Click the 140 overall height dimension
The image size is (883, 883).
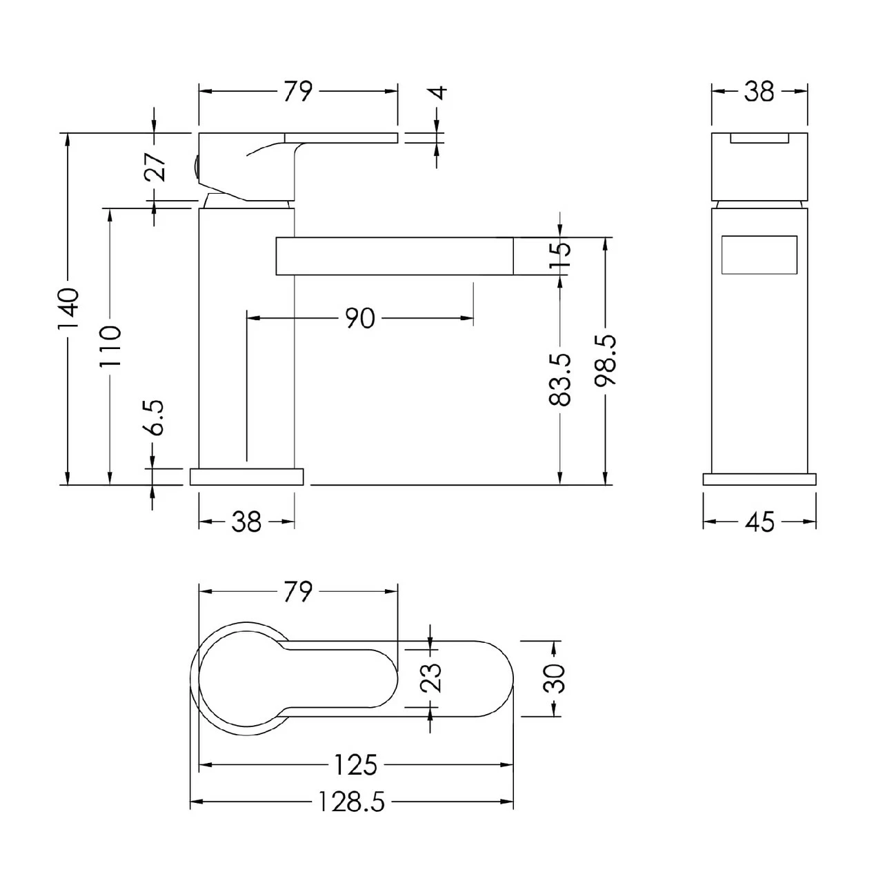pyautogui.click(x=68, y=308)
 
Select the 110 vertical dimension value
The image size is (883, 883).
pyautogui.click(x=110, y=346)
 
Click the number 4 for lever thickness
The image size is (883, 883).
pyautogui.click(x=438, y=92)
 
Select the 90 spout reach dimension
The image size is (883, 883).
pyautogui.click(x=360, y=318)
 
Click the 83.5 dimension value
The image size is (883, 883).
pyautogui.click(x=560, y=379)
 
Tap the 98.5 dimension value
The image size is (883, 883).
pyautogui.click(x=606, y=359)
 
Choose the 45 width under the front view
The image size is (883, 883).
pyautogui.click(x=760, y=522)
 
